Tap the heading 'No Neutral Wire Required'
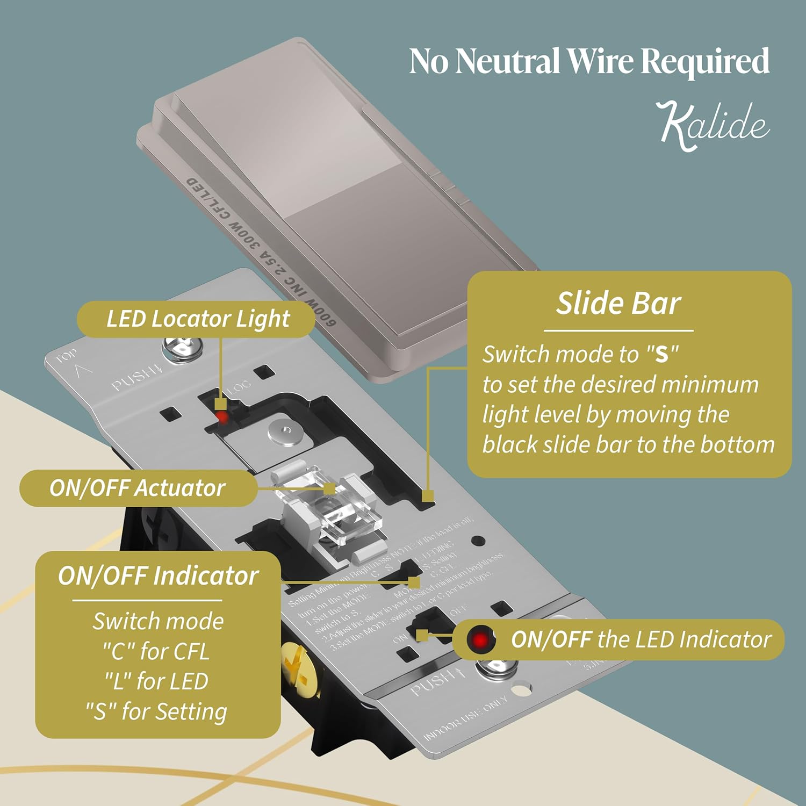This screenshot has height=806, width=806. [x=589, y=61]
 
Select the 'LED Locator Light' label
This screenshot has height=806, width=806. [x=198, y=319]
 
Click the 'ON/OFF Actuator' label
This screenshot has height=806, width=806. [x=137, y=488]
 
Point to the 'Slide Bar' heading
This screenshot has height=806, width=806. [x=618, y=303]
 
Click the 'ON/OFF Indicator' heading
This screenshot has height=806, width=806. [x=158, y=575]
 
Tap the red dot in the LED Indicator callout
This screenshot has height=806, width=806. [x=480, y=639]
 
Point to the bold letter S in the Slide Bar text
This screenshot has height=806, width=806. [x=661, y=355]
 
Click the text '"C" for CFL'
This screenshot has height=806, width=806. [x=156, y=651]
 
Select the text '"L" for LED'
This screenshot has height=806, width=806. [x=156, y=681]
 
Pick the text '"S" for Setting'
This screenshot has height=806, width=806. [x=156, y=711]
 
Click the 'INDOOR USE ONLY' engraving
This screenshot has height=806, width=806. [x=465, y=718]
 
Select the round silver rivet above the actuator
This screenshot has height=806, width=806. [x=284, y=430]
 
